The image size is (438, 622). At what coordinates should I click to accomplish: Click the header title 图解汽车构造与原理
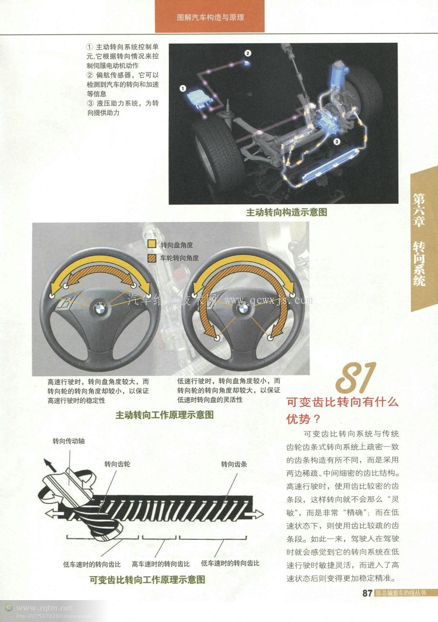pyautogui.click(x=210, y=17)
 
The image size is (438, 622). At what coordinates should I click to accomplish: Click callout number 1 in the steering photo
pyautogui.click(x=183, y=88)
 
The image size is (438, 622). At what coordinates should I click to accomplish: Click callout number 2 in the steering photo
pyautogui.click(x=247, y=53)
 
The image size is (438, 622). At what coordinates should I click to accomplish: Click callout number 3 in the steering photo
pyautogui.click(x=336, y=141)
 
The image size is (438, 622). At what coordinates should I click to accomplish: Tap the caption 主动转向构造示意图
pyautogui.click(x=286, y=212)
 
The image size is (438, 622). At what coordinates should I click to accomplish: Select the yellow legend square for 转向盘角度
pyautogui.click(x=152, y=245)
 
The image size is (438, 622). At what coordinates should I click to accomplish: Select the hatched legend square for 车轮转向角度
pyautogui.click(x=152, y=258)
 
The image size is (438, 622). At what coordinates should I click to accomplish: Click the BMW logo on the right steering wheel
pyautogui.click(x=242, y=308)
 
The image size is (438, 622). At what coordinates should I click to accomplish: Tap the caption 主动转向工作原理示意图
pyautogui.click(x=164, y=415)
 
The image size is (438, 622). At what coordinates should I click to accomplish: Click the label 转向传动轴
pyautogui.click(x=69, y=441)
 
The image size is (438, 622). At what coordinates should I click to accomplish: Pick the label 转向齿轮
pyautogui.click(x=117, y=464)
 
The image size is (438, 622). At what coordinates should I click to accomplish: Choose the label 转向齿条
pyautogui.click(x=234, y=464)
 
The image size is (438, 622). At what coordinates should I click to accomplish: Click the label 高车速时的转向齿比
pyautogui.click(x=161, y=564)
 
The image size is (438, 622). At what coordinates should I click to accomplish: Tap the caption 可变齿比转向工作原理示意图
pyautogui.click(x=147, y=580)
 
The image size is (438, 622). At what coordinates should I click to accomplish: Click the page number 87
pyautogui.click(x=367, y=593)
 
